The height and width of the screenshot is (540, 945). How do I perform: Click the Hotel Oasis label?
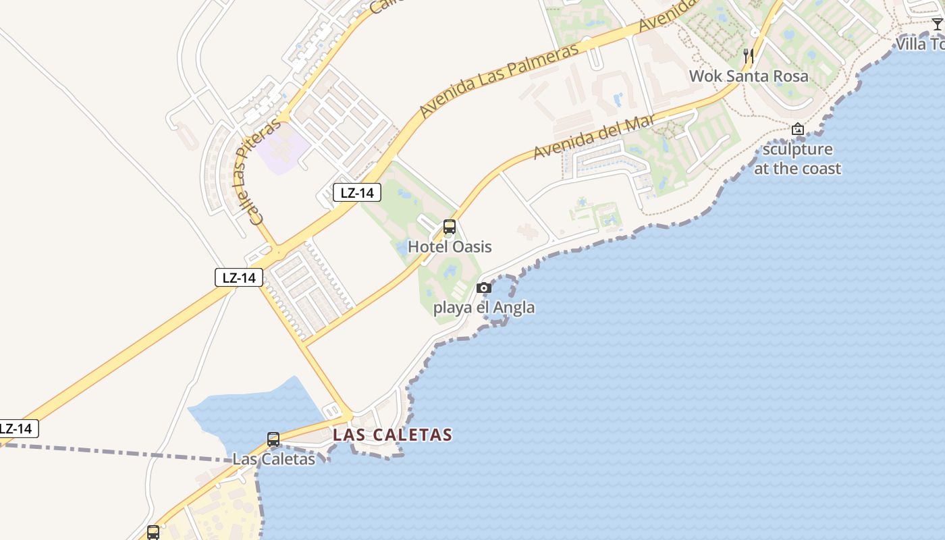pyautogui.click(x=450, y=246)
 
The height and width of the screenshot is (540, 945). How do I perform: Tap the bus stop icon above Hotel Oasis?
pyautogui.click(x=450, y=227)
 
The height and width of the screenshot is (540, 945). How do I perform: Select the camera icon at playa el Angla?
pyautogui.click(x=483, y=288)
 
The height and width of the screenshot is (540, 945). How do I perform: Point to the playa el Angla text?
pyautogui.click(x=483, y=308)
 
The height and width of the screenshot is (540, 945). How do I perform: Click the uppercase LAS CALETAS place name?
pyautogui.click(x=392, y=435)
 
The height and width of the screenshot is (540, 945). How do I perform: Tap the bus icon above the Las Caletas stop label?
pyautogui.click(x=273, y=439)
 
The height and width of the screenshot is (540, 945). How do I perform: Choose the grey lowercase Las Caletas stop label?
pyautogui.click(x=273, y=459)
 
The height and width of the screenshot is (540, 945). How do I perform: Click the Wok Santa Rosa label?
pyautogui.click(x=748, y=76)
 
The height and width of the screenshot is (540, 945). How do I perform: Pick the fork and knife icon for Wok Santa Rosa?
pyautogui.click(x=749, y=56)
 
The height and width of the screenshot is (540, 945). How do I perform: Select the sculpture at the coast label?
pyautogui.click(x=797, y=159)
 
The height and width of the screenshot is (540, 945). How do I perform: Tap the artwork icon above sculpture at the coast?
pyautogui.click(x=798, y=129)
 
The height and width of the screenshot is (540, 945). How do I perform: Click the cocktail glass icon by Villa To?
pyautogui.click(x=937, y=24)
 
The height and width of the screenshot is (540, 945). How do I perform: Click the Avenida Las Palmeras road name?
pyautogui.click(x=499, y=80)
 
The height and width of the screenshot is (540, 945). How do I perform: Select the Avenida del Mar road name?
pyautogui.click(x=594, y=137)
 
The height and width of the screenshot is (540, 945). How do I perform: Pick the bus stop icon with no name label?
pyautogui.click(x=153, y=532)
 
